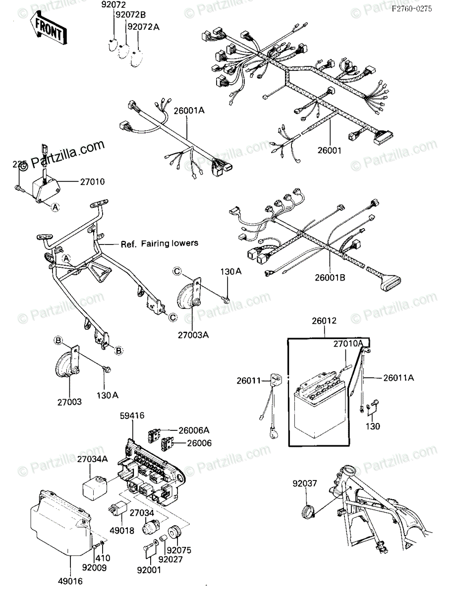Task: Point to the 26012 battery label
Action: point(324,321)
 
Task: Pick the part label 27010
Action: point(93,182)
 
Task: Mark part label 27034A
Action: point(92,460)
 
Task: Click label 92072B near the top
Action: point(129,15)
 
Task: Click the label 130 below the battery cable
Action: point(373,426)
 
